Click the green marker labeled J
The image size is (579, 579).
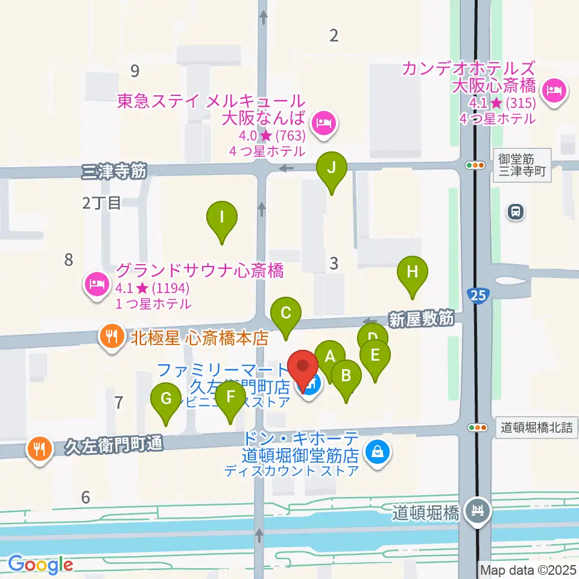click(x=331, y=169)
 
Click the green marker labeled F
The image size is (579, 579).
click(x=230, y=398)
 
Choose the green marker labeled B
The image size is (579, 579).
click(x=346, y=377)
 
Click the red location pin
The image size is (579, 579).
click(x=303, y=368)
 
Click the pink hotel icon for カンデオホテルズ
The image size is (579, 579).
click(x=553, y=92)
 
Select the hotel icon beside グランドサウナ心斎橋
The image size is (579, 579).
click(x=96, y=282)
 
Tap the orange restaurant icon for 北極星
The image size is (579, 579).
click(x=110, y=336)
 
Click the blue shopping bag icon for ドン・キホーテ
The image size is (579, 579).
click(x=378, y=450)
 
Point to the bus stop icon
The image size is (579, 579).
click(x=515, y=212)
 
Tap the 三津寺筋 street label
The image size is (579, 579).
click(x=115, y=172)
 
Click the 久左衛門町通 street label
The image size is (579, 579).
click(x=113, y=446)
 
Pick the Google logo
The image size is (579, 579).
click(x=41, y=565)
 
